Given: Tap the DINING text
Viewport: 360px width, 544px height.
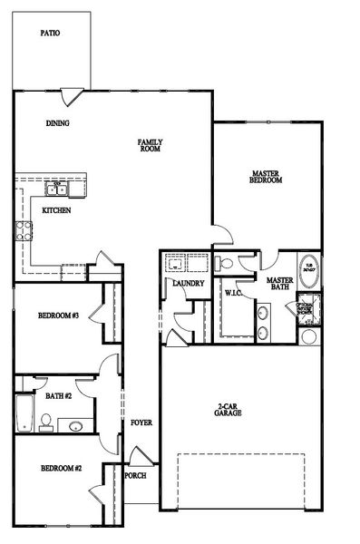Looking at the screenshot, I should [59, 123].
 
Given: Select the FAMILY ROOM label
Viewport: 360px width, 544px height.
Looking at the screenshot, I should [150, 145].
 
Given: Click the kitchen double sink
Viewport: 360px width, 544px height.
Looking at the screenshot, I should [57, 189].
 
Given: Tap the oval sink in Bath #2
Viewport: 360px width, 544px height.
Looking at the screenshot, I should [76, 425].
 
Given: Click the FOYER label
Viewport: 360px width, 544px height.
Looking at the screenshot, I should [141, 423].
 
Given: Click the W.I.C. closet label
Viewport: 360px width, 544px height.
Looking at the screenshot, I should [231, 293].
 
